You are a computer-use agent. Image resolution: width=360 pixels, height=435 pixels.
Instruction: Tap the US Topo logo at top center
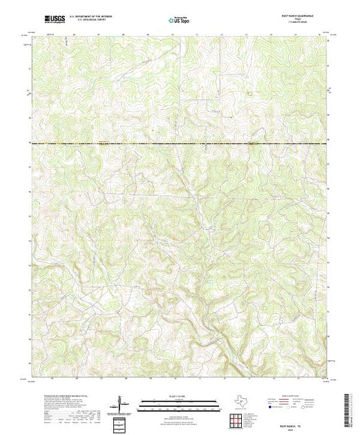click(180, 21)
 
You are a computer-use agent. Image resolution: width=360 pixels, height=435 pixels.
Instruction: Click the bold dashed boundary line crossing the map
click(180, 142)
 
